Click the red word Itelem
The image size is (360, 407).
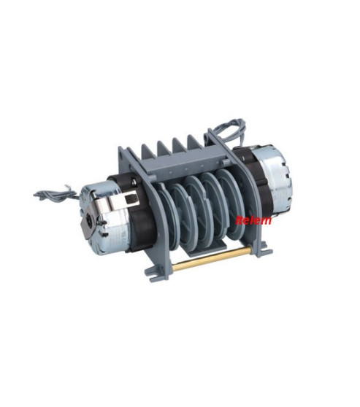click(x=253, y=220)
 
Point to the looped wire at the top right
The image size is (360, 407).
click(x=229, y=132)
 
